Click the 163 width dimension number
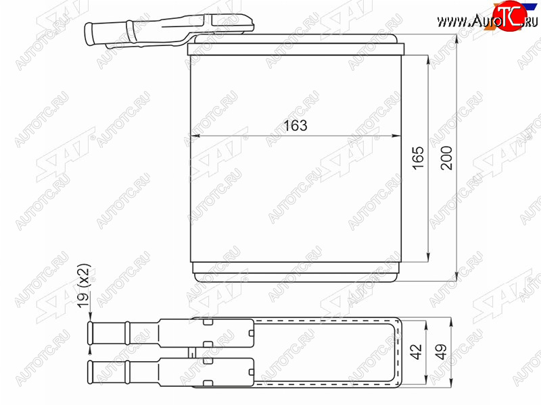(296, 126)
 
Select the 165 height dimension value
(418, 158)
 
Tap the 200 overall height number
(446, 158)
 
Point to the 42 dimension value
(416, 351)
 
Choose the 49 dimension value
(441, 351)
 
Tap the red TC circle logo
(510, 16)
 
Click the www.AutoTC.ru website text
(487, 22)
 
